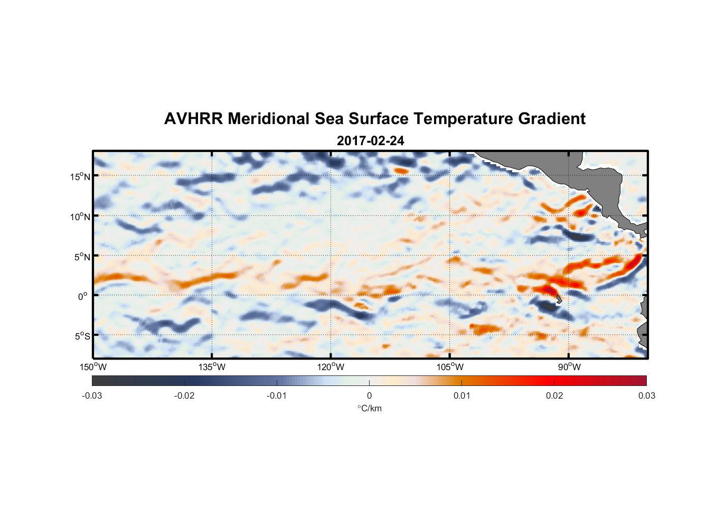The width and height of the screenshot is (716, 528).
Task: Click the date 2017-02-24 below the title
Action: click(370, 141)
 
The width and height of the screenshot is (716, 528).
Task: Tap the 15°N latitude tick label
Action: click(80, 176)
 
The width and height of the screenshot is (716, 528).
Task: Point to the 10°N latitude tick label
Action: click(80, 216)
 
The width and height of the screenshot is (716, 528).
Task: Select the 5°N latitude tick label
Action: click(82, 257)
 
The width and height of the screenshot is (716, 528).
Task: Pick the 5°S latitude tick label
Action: click(82, 336)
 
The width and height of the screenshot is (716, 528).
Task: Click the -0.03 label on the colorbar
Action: click(92, 396)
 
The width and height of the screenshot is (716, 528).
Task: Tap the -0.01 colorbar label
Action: click(277, 396)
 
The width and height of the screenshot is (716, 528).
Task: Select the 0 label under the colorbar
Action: click(369, 396)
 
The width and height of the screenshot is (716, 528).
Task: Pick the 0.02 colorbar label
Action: click(554, 396)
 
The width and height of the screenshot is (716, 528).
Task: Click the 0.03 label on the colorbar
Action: click(646, 396)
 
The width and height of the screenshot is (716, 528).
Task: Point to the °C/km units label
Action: click(369, 408)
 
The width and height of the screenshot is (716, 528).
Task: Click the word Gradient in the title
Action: click(552, 119)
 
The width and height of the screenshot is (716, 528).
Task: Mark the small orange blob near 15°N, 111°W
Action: click(402, 171)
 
